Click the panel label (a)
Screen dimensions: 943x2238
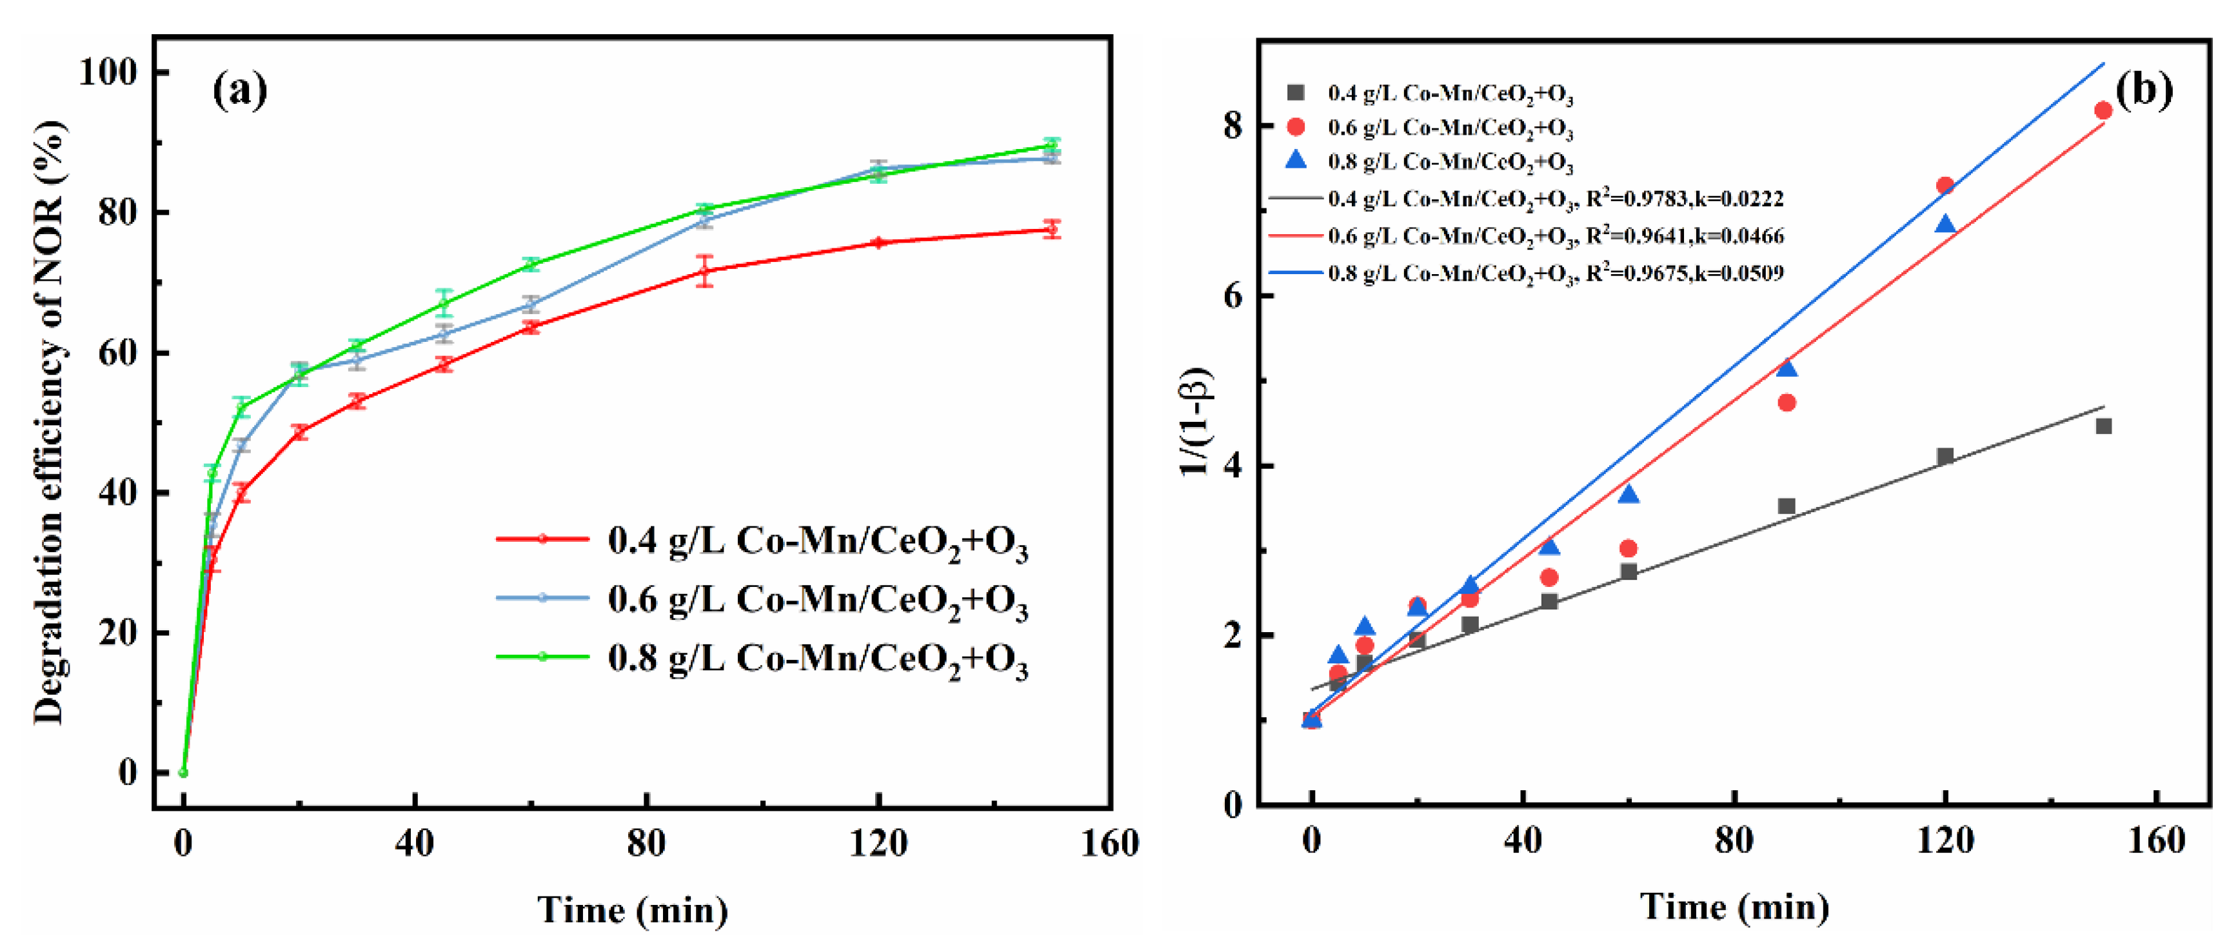240,90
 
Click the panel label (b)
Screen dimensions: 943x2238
2143,90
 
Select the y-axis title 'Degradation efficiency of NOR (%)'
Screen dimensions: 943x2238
50,422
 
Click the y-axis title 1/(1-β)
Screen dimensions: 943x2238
1196,422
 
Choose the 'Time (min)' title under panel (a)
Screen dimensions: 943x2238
633,909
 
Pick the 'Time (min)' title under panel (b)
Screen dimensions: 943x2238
1734,906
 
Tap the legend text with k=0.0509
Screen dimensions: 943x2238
1555,273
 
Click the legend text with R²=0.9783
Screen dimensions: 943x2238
1555,199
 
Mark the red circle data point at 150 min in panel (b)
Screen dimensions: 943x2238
2103,110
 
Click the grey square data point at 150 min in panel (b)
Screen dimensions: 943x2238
2103,426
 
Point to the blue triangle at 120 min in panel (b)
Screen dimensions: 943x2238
1945,225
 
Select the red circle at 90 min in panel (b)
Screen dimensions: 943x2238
1787,402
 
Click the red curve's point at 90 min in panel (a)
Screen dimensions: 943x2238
704,271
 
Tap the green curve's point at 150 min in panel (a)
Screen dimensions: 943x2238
1051,144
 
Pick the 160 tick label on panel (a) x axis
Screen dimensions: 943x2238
1109,842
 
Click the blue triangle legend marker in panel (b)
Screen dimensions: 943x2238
1295,161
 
